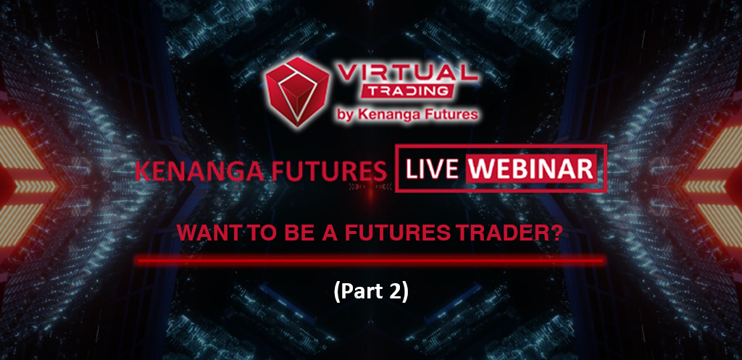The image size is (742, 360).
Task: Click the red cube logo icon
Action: [297, 92]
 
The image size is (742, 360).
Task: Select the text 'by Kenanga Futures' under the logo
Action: [409, 114]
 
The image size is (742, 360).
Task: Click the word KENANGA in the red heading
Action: [201, 171]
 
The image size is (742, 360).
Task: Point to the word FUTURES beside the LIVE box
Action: [329, 171]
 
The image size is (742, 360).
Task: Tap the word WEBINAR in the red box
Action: [531, 169]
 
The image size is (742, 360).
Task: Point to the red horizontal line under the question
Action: [370, 260]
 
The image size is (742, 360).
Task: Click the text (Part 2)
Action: [370, 293]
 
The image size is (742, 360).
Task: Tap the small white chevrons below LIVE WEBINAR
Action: [357, 188]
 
